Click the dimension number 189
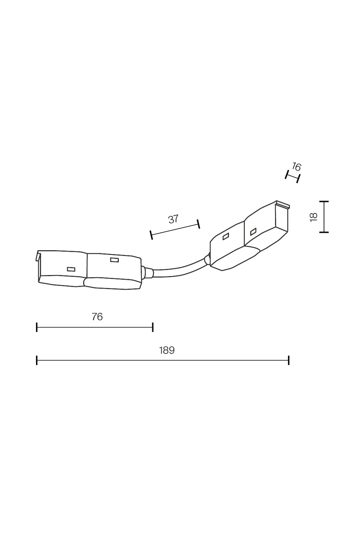pyautogui.click(x=167, y=350)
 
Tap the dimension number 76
pyautogui.click(x=97, y=317)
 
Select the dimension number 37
pyautogui.click(x=173, y=219)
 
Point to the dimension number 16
pyautogui.click(x=296, y=167)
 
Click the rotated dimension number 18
pyautogui.click(x=314, y=217)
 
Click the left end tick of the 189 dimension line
pyautogui.click(x=37, y=360)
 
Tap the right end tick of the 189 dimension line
pyautogui.click(x=289, y=360)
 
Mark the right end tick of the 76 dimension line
pyautogui.click(x=153, y=327)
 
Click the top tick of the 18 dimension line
pyautogui.click(x=324, y=201)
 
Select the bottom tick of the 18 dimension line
pyautogui.click(x=324, y=233)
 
